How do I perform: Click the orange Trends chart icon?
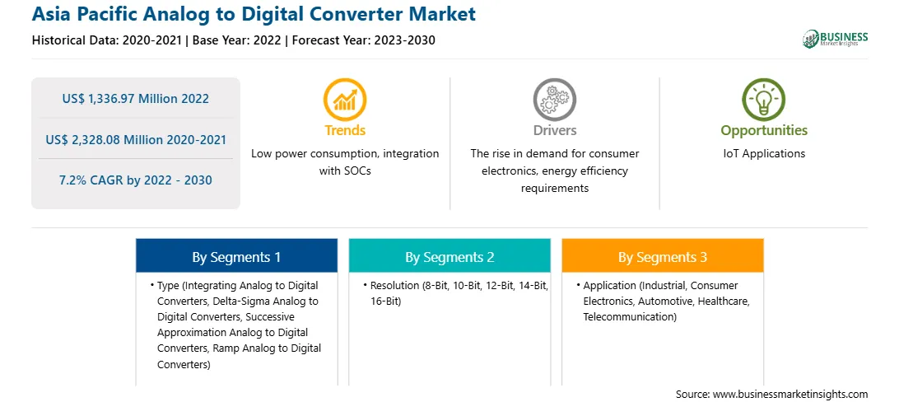345,99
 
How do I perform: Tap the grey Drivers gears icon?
554,99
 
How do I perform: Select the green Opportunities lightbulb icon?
764,99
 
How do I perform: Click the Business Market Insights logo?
836,39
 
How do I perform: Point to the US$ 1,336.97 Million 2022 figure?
135,99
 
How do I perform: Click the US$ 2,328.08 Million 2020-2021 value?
135,139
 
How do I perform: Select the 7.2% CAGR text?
135,180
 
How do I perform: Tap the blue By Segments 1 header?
236,257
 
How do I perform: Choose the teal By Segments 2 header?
449,257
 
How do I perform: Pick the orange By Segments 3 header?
662,257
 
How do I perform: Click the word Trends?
345,130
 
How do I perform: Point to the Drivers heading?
554,130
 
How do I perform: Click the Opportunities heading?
764,130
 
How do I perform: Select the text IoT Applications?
764,154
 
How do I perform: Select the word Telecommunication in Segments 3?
628,316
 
